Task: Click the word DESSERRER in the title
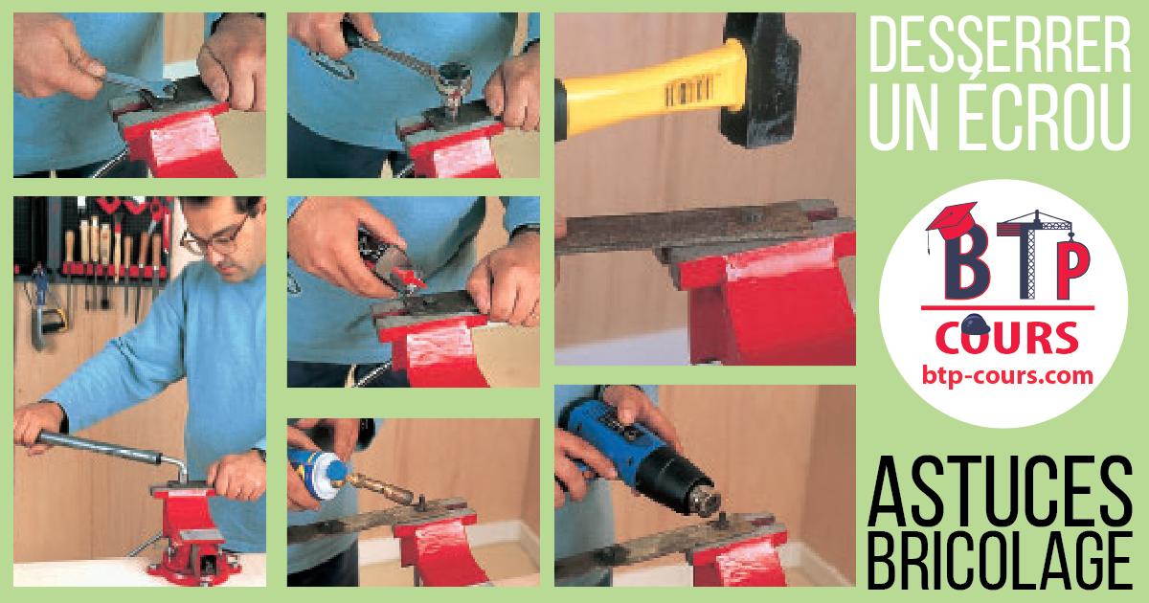pyautogui.click(x=1000, y=45)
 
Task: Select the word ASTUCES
pyautogui.click(x=1001, y=491)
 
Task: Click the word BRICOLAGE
pyautogui.click(x=1001, y=561)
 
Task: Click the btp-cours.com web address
pyautogui.click(x=1007, y=376)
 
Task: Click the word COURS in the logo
pyautogui.click(x=1007, y=337)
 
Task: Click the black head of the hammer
pyautogui.click(x=760, y=78)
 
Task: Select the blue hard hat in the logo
pyautogui.click(x=975, y=324)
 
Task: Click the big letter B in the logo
pyautogui.click(x=966, y=262)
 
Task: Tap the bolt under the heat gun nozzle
pyautogui.click(x=721, y=521)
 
